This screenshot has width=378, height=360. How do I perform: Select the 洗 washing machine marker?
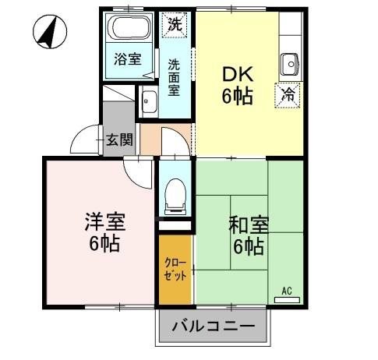pyautogui.click(x=175, y=23)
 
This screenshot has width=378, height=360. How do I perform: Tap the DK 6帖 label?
pyautogui.click(x=237, y=86)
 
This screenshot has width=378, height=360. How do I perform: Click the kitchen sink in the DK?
pyautogui.click(x=290, y=63)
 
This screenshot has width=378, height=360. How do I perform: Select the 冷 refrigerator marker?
pyautogui.click(x=288, y=96)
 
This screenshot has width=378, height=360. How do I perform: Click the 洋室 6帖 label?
pyautogui.click(x=104, y=231)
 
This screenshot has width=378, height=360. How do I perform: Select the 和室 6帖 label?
pyautogui.click(x=248, y=235)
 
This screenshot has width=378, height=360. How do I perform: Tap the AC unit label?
pyautogui.click(x=286, y=290)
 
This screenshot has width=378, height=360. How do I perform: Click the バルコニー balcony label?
pyautogui.click(x=213, y=326)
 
